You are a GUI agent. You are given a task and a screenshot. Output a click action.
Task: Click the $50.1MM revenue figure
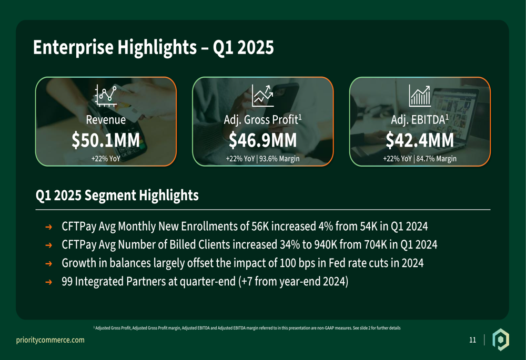106,140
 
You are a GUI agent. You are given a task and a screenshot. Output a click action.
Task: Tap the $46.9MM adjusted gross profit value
262,140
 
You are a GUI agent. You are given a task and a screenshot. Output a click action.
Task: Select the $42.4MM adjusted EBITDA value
420,140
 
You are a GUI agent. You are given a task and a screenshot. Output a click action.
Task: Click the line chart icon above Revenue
106,95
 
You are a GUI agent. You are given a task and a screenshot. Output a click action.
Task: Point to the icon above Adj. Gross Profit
262,95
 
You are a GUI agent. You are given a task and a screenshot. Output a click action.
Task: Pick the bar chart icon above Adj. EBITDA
420,95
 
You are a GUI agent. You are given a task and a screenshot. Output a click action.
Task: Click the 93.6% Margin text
279,159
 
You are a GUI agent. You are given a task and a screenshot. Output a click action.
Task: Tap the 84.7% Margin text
437,159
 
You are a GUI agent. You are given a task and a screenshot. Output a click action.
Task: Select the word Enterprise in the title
73,47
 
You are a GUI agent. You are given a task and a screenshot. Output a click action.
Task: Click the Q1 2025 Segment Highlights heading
117,196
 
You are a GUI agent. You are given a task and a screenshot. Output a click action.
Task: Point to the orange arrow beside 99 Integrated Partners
48,282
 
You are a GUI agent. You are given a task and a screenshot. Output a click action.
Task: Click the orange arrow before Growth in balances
48,263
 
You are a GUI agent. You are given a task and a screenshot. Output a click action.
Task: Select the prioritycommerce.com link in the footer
50,340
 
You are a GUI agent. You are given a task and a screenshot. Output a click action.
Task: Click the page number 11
473,340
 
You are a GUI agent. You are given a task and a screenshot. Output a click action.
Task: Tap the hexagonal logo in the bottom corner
501,340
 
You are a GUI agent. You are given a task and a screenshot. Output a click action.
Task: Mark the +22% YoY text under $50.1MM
106,159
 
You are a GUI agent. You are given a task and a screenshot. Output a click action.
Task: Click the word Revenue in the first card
106,120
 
